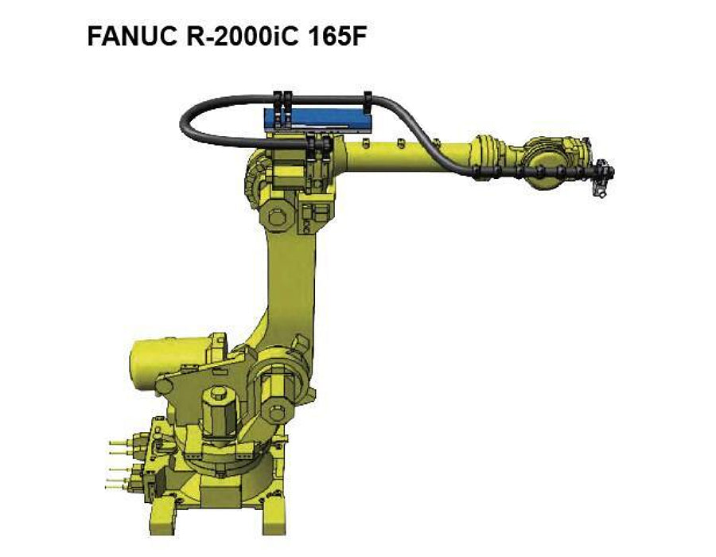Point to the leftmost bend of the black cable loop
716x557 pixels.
(184, 123)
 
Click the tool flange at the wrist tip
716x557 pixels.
(605, 171)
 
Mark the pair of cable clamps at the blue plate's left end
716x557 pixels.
(279, 103)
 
